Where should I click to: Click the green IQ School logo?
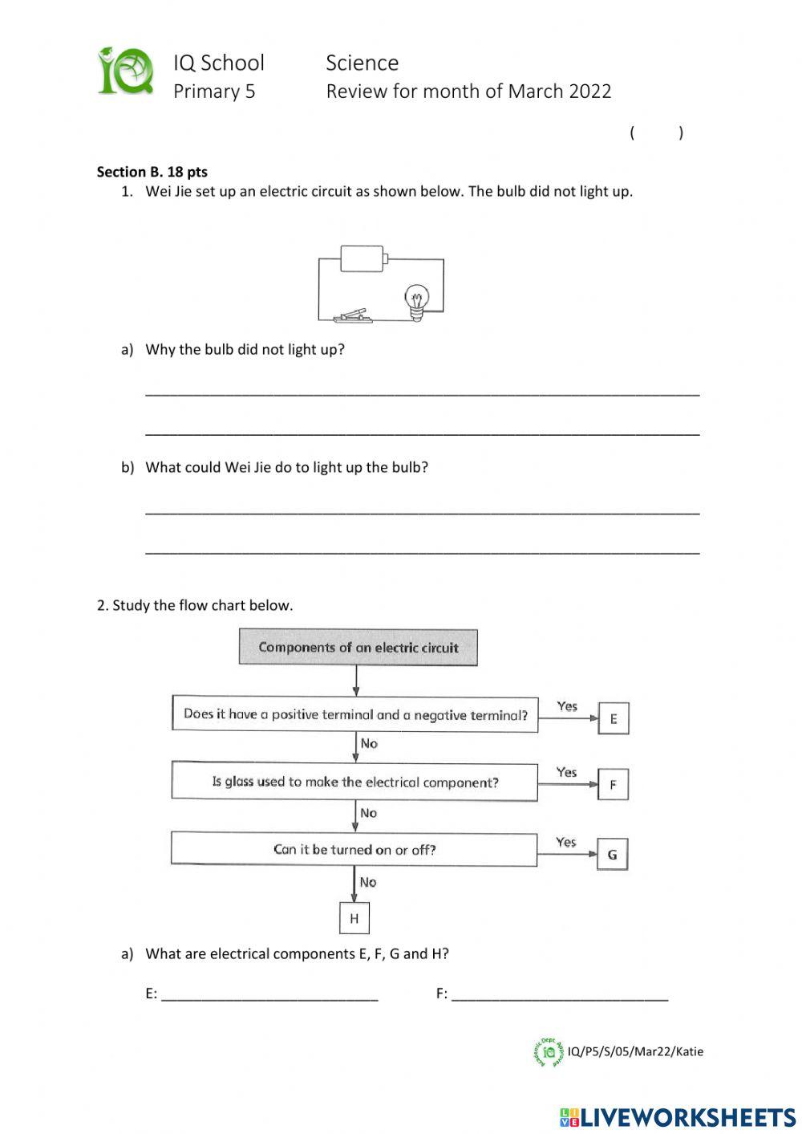tap(126, 72)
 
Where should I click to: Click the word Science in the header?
tap(362, 63)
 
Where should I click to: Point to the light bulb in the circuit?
tap(416, 301)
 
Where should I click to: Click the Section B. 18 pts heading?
tap(152, 171)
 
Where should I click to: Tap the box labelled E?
tap(614, 718)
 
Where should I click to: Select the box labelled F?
tap(613, 784)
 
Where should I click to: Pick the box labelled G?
tap(612, 854)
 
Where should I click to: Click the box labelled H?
tap(354, 918)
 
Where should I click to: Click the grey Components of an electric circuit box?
tap(358, 648)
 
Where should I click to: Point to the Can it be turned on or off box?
tap(354, 849)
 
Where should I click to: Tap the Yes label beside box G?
tap(566, 842)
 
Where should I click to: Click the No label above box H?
tap(368, 882)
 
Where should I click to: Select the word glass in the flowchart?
tap(239, 782)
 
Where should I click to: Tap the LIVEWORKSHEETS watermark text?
tap(687, 1116)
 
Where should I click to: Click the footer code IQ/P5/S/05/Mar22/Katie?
tap(634, 1051)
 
